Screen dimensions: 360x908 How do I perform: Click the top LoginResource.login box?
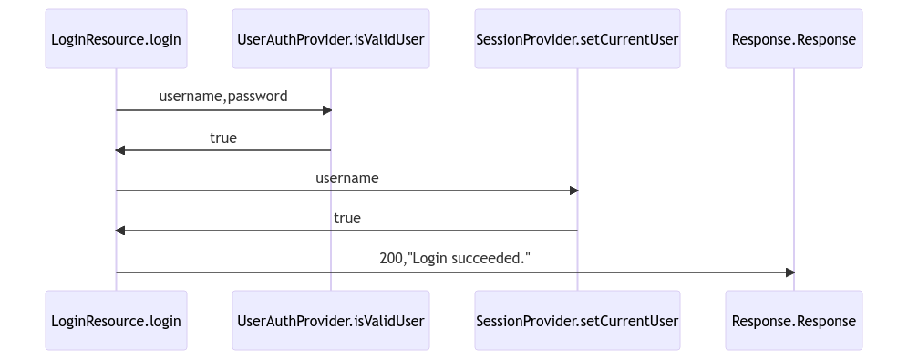coord(116,39)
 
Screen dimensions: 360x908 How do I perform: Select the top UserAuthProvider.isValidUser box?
coord(330,39)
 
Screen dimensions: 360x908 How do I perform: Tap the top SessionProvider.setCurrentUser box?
coord(577,39)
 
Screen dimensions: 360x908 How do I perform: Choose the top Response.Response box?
coord(793,39)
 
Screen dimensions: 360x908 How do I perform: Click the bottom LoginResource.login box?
coord(116,321)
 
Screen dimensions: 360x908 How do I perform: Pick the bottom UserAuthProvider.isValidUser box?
coord(330,321)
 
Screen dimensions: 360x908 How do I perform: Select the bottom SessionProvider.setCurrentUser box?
coord(577,321)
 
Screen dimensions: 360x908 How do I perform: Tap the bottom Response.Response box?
coord(793,321)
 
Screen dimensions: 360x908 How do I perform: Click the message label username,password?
coord(223,97)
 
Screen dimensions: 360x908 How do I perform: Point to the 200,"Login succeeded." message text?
coord(455,259)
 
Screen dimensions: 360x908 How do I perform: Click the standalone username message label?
coord(346,179)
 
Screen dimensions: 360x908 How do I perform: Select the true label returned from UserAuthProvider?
coord(223,139)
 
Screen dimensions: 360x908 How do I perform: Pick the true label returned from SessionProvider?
coord(346,219)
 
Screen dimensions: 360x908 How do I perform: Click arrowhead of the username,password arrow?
coord(326,110)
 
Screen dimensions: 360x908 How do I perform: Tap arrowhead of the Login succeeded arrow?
coord(789,273)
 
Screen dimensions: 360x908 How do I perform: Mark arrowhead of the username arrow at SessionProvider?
coord(573,190)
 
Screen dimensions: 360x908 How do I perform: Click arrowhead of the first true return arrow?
coord(120,150)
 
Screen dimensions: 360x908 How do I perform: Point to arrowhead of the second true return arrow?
coord(120,231)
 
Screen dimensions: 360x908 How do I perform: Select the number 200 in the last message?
coord(391,259)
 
